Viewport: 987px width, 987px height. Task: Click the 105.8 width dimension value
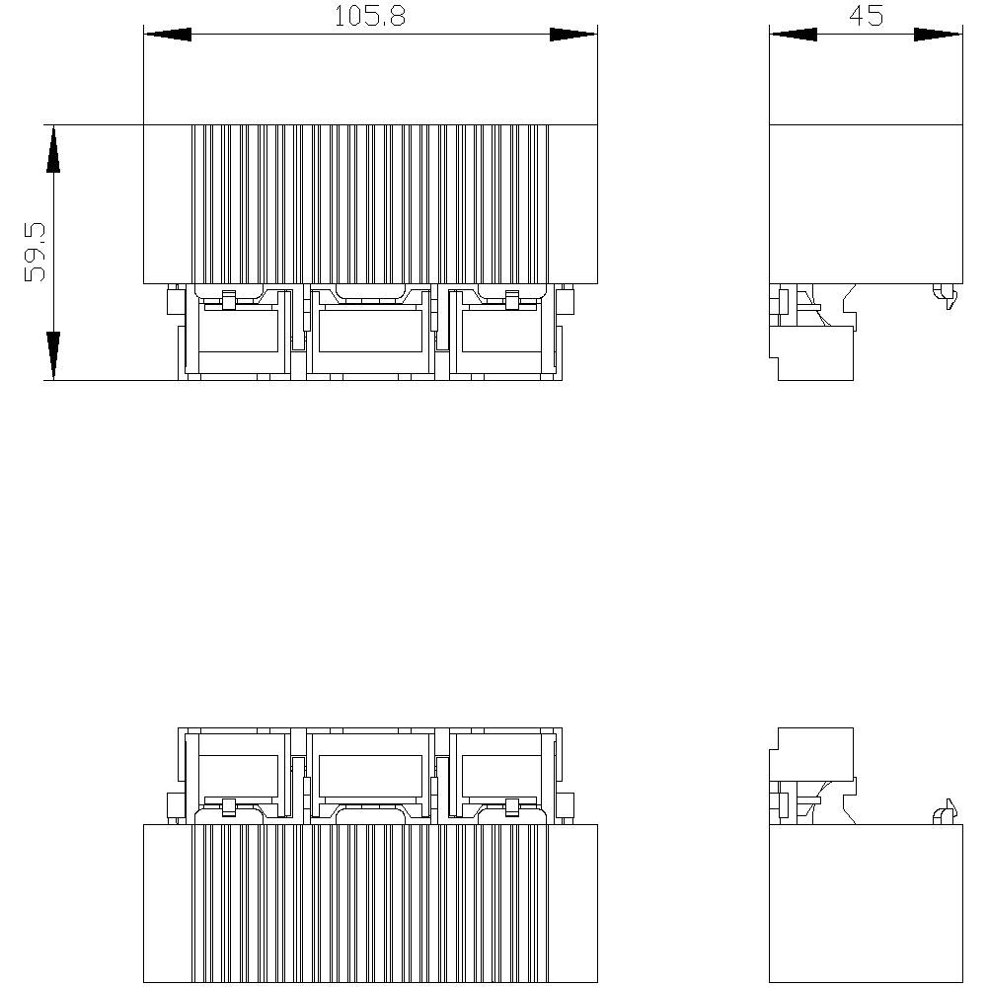tap(370, 17)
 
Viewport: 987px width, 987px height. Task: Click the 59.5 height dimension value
tap(36, 252)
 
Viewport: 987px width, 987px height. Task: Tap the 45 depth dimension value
tap(865, 17)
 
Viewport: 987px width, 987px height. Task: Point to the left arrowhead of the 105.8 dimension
tap(168, 35)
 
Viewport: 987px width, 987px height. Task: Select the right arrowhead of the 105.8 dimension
tap(573, 35)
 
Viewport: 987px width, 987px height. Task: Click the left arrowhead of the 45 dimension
tap(793, 35)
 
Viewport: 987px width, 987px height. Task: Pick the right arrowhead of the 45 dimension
tap(939, 35)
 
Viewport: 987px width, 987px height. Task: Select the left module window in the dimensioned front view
tap(240, 331)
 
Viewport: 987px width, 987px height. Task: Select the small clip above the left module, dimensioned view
tap(228, 300)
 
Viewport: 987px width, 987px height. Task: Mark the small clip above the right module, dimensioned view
tap(511, 300)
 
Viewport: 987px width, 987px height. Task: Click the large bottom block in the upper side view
tap(814, 353)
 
